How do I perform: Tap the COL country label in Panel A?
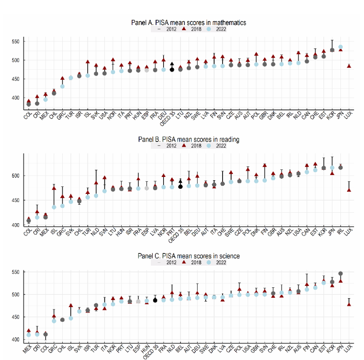pos(28,112)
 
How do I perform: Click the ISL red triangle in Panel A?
pos(88,62)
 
